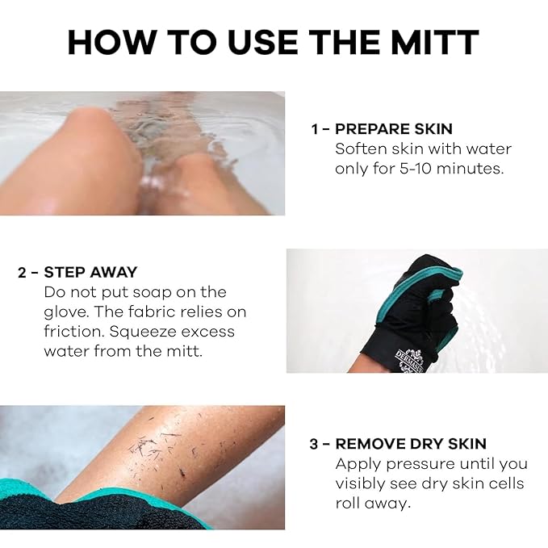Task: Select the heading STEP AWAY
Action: pyautogui.click(x=90, y=272)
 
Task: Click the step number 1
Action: pyautogui.click(x=315, y=129)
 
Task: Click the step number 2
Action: pyautogui.click(x=23, y=272)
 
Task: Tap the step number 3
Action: pyautogui.click(x=316, y=444)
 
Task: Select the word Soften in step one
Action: pyautogui.click(x=360, y=149)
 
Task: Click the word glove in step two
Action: pyautogui.click(x=65, y=312)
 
